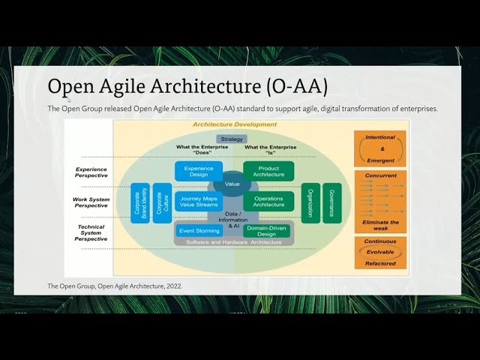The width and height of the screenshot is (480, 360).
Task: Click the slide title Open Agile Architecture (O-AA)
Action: [x=187, y=86]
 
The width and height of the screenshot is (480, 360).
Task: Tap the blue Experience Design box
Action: [x=199, y=172]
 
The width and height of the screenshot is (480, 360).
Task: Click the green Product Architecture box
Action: [x=268, y=172]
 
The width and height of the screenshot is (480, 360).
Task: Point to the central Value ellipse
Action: [x=232, y=184]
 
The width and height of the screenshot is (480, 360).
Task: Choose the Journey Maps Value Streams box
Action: [x=199, y=201]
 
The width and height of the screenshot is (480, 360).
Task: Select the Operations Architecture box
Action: [x=268, y=201]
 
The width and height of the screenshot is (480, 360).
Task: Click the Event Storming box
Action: [x=199, y=230]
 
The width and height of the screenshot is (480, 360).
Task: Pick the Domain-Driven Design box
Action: [x=266, y=230]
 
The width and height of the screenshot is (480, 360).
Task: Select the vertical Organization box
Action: [x=310, y=202]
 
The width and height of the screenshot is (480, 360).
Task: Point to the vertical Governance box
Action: [x=331, y=202]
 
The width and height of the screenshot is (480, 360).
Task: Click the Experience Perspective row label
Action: [x=91, y=172]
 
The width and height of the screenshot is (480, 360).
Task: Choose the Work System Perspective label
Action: [x=91, y=202]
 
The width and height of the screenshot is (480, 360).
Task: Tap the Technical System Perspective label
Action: [x=91, y=232]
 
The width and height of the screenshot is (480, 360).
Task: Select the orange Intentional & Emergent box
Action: [x=380, y=148]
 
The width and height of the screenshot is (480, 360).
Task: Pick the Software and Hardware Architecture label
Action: [x=232, y=241]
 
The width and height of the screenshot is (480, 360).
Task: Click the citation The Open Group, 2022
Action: [x=115, y=286]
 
